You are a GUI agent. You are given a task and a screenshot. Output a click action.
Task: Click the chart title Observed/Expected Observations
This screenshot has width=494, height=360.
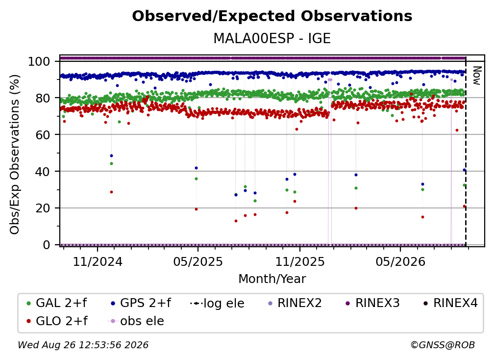point(272,16)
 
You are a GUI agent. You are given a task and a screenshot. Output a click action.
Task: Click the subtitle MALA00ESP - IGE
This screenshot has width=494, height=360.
point(272,38)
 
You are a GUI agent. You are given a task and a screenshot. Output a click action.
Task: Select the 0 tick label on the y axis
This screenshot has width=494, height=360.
point(47,245)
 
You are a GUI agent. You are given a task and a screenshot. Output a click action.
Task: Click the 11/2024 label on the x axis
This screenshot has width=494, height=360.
point(98,261)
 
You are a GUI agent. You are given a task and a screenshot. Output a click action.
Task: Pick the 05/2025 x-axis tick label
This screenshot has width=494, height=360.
point(198,261)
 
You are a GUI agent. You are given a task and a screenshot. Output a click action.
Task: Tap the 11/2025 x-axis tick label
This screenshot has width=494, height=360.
point(300,261)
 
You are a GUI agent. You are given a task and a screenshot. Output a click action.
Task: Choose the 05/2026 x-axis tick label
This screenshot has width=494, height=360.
point(400,261)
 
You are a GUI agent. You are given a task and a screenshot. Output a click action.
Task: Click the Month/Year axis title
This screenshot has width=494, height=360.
point(272,279)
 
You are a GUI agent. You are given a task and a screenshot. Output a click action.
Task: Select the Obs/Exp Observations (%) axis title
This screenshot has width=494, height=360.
point(15,154)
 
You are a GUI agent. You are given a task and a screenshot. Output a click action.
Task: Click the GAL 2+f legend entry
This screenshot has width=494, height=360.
point(57,303)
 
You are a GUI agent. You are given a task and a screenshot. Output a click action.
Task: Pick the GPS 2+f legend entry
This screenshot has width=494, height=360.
point(141,303)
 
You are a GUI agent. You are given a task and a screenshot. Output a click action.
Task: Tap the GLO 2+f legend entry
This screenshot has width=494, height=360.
point(57,321)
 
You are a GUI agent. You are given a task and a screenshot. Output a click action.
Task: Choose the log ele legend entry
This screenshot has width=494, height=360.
point(218,303)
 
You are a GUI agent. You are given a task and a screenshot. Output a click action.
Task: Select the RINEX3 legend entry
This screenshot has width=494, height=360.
point(372,303)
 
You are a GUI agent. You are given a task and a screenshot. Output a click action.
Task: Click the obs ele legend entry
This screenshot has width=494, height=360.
point(136,321)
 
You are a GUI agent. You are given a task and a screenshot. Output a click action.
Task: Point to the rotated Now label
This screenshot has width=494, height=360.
point(477,76)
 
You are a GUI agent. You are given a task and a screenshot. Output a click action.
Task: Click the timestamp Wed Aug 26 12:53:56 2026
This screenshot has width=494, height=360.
point(83,345)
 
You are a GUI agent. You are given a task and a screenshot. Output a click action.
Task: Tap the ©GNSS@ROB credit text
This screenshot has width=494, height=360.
point(443,345)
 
